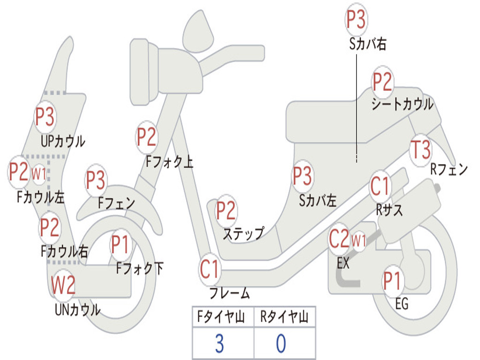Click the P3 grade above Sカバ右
point(356,19)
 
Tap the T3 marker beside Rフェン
point(420,150)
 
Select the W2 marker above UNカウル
point(63,285)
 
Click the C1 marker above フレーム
point(210,269)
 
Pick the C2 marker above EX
point(339,239)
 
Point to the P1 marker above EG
point(392,281)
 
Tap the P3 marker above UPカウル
point(45,116)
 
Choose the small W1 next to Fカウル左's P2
point(39,174)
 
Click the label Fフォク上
point(169,162)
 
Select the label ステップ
point(244,234)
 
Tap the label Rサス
point(389,210)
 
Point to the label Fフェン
point(116,202)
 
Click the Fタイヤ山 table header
point(221,316)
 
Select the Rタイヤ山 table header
point(284,316)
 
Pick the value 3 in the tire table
point(219,343)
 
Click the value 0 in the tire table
point(281,343)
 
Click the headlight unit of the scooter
point(144,72)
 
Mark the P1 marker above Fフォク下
point(120,245)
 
